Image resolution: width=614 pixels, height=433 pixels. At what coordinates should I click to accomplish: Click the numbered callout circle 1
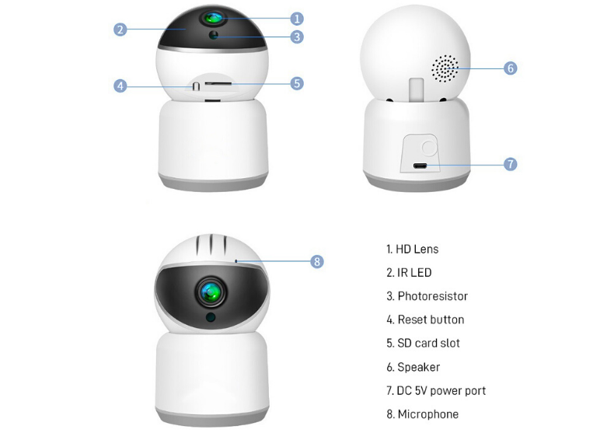click(297, 18)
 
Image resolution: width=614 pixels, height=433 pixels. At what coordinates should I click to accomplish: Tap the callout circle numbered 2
click(120, 30)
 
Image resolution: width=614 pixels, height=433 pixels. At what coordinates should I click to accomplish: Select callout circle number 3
click(297, 37)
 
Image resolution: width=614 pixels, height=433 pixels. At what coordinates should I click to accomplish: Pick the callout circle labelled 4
click(120, 86)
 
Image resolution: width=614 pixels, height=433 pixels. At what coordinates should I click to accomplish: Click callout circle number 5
click(297, 83)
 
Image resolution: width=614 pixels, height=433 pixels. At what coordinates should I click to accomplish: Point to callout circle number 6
click(510, 68)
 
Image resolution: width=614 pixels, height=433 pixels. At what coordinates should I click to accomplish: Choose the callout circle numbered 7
click(510, 164)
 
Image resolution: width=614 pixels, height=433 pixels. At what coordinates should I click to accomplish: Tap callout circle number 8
click(316, 262)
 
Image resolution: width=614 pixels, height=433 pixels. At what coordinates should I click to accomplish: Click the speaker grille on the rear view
click(445, 69)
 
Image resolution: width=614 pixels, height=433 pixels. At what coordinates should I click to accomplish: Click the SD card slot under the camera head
click(218, 82)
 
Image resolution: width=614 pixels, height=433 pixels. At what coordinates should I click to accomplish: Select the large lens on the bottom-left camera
click(211, 292)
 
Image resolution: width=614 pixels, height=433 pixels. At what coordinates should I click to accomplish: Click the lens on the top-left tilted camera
click(211, 17)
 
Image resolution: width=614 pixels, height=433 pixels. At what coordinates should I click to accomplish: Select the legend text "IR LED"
click(409, 273)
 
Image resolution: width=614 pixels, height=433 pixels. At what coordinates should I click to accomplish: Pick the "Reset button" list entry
click(425, 320)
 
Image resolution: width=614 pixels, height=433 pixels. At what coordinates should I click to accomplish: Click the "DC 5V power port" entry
click(436, 390)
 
